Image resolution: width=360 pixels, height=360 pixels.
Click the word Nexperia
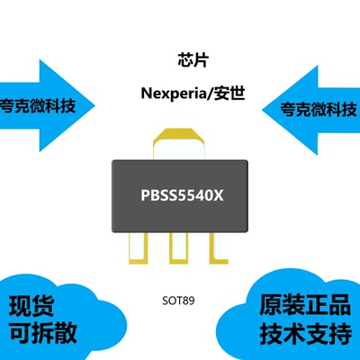171,94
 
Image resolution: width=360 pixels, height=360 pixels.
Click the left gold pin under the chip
144,255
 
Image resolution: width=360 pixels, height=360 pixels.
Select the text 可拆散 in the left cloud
41,332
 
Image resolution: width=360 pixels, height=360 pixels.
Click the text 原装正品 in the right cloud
301,304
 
